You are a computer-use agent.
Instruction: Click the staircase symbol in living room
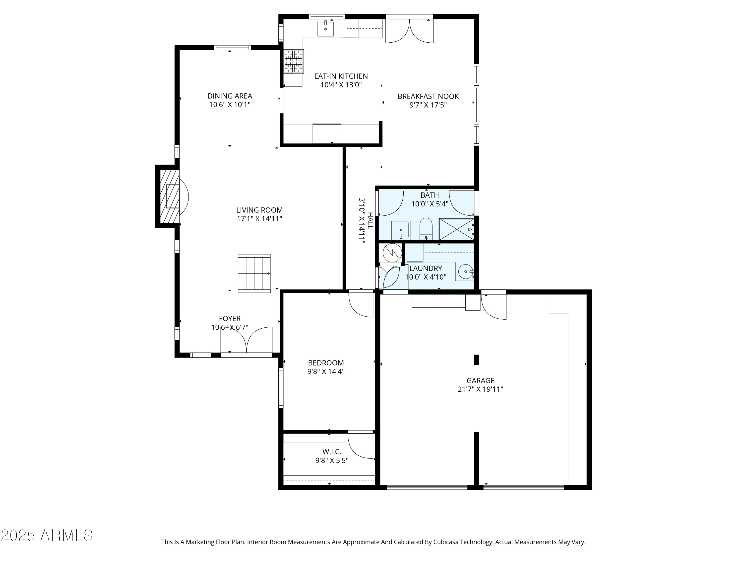point(254,273)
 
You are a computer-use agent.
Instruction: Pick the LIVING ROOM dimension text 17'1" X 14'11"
point(259,219)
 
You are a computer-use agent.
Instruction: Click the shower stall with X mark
point(456,229)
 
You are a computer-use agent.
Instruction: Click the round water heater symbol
point(392,253)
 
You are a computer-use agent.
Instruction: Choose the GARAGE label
point(480,380)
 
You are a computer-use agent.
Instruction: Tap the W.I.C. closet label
point(332,452)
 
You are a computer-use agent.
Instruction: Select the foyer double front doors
point(247,340)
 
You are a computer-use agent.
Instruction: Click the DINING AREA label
point(230,96)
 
